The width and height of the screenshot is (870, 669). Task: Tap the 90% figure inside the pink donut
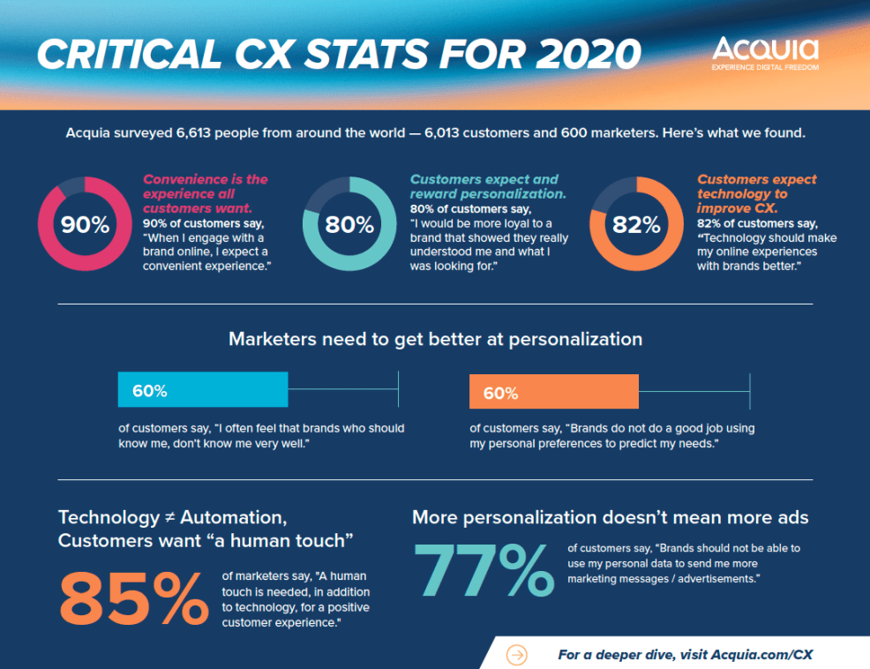(85, 224)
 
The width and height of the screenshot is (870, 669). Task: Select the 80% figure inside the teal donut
(349, 224)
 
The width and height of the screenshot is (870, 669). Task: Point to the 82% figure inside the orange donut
(636, 224)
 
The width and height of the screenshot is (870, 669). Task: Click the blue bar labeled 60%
(203, 389)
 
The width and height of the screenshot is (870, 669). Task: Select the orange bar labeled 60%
(553, 392)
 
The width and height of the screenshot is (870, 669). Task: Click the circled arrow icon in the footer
(517, 654)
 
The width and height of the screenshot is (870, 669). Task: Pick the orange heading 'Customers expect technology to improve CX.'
(756, 193)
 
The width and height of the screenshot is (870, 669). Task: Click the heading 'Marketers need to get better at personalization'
(435, 339)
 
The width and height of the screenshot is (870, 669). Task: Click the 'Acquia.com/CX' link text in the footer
(761, 654)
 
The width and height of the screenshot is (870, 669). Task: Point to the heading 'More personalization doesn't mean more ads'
(610, 517)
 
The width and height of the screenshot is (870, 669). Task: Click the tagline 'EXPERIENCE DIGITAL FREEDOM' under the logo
(765, 67)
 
